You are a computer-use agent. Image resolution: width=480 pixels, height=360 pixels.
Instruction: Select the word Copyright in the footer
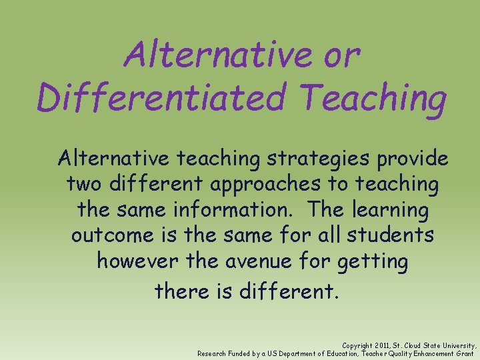tap(357, 346)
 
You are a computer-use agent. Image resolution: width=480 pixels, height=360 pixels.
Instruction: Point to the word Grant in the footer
tap(464, 353)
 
